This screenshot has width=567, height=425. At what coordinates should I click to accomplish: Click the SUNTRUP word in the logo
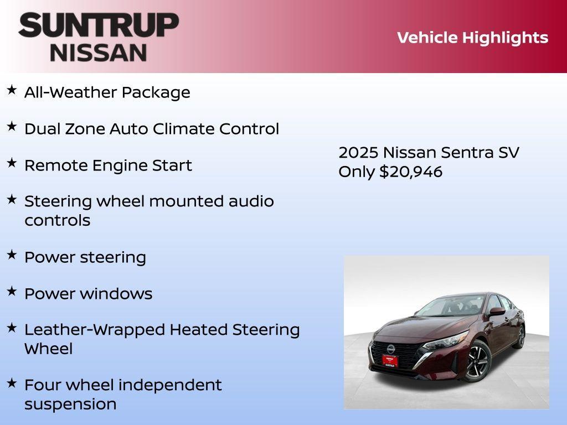99,25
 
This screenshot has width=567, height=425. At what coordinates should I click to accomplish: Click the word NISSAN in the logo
99,52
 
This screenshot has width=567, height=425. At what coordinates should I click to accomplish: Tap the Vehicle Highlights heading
472,38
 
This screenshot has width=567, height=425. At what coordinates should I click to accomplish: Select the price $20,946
411,172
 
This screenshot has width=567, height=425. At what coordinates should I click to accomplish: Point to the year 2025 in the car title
358,152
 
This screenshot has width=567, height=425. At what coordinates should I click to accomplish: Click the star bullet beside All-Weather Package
12,90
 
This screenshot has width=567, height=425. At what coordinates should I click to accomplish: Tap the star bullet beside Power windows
12,291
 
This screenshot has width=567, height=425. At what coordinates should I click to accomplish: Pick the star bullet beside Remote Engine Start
12,163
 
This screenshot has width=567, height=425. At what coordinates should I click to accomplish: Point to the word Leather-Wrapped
95,330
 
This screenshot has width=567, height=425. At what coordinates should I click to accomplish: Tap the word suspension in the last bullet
70,404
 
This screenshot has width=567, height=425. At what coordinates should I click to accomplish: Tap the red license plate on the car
390,360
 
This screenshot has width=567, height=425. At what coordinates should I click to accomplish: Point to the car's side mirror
497,312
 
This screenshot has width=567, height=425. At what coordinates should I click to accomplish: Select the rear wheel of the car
520,336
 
